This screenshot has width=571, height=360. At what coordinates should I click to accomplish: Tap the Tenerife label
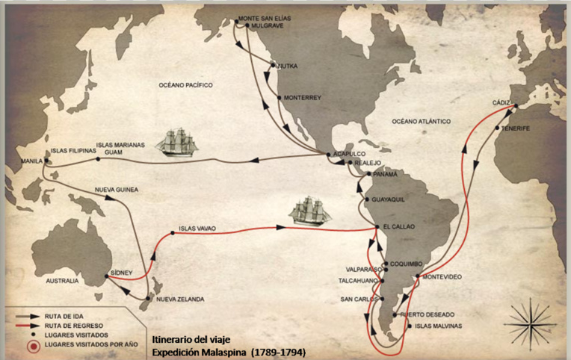pyautogui.click(x=516, y=128)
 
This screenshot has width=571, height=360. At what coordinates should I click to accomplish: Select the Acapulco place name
pyautogui.click(x=348, y=150)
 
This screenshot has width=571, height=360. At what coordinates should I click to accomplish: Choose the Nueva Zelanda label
pyautogui.click(x=180, y=300)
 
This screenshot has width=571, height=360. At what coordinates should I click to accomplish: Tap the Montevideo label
pyautogui.click(x=442, y=276)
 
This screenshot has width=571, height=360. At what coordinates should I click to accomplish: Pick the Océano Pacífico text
pyautogui.click(x=185, y=85)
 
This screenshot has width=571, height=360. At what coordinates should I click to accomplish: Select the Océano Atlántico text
pyautogui.click(x=422, y=120)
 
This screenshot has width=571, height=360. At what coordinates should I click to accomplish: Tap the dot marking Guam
pyautogui.click(x=97, y=158)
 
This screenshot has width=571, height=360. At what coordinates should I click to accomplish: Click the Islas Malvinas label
pyautogui.click(x=438, y=326)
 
